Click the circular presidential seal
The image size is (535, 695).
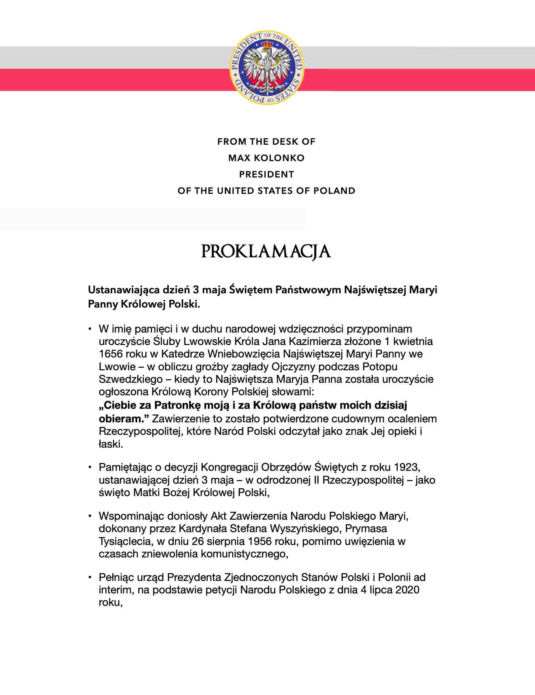point(267,67)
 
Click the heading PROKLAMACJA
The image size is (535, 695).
point(266,251)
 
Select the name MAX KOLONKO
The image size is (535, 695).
point(266,158)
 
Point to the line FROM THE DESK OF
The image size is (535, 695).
point(266,141)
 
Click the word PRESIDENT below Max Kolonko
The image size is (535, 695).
point(266,174)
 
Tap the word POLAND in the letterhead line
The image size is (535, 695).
point(334,191)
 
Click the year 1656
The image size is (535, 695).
point(111,354)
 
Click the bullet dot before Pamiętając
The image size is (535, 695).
point(91,467)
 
